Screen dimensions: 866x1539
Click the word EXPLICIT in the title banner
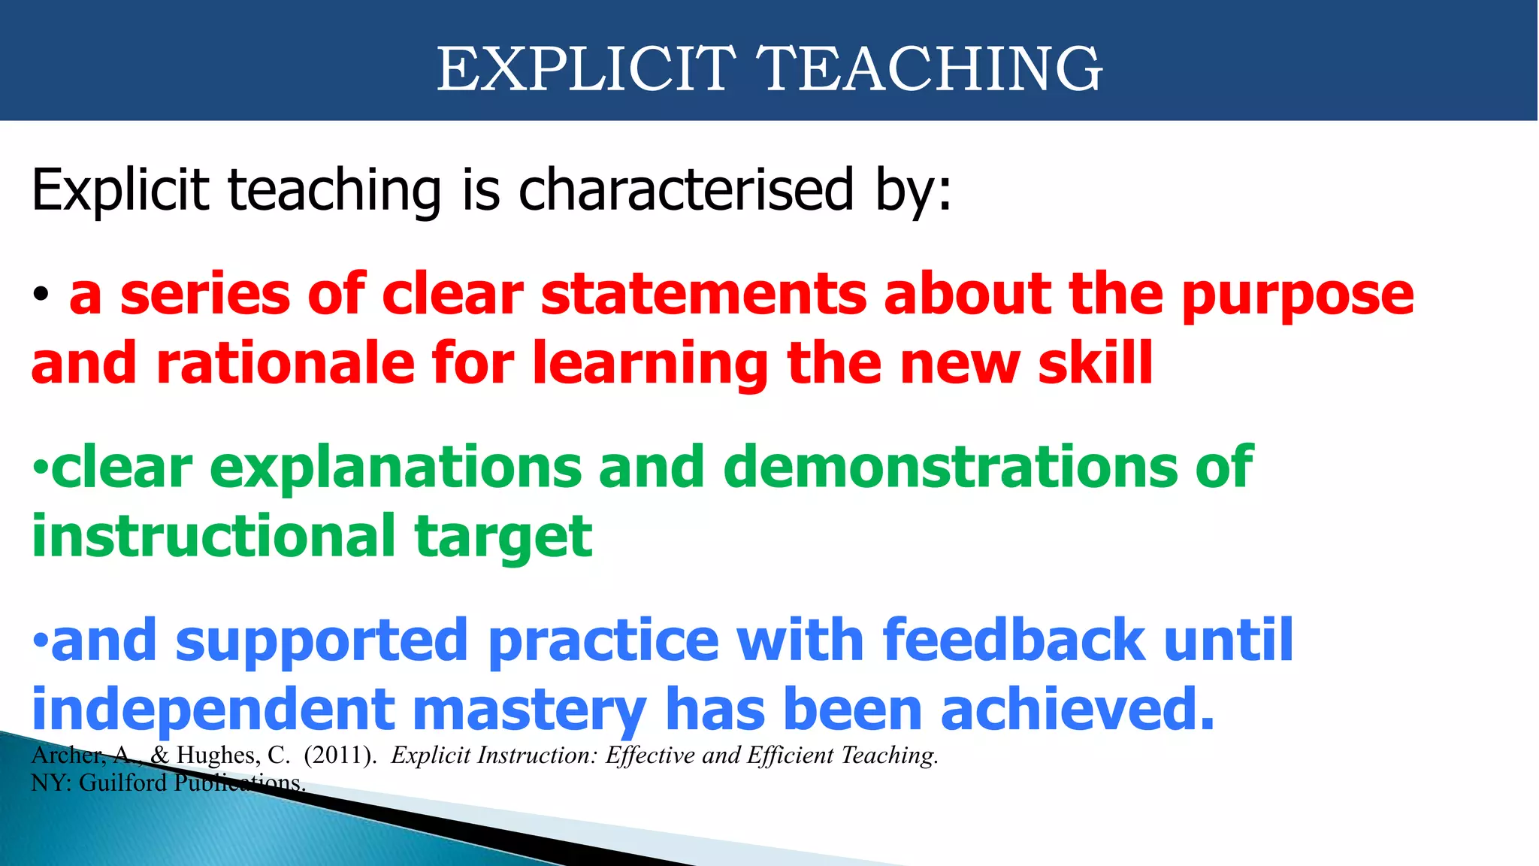coord(586,68)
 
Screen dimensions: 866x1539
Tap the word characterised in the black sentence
coord(686,190)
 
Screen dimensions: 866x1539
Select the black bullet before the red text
coord(41,295)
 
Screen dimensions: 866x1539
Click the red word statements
coord(703,294)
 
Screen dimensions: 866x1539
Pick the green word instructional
coord(213,537)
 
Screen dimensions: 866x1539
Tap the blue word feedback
coord(1014,640)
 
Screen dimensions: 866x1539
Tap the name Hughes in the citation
coord(219,755)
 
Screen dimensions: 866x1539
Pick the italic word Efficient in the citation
coord(790,755)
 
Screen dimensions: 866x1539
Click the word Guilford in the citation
coord(123,783)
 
